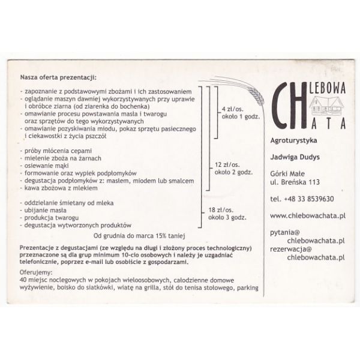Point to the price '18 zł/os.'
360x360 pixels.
pos(220,210)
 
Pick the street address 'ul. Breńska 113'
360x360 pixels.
pos(294,182)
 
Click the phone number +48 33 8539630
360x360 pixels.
pos(302,199)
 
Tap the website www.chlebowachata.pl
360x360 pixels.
pos(307,215)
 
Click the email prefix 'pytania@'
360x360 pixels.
pos(285,232)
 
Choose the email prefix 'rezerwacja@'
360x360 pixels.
pos(291,248)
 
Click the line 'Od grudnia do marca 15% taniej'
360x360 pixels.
pos(140,235)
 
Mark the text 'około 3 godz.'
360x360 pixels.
pos(226,218)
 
